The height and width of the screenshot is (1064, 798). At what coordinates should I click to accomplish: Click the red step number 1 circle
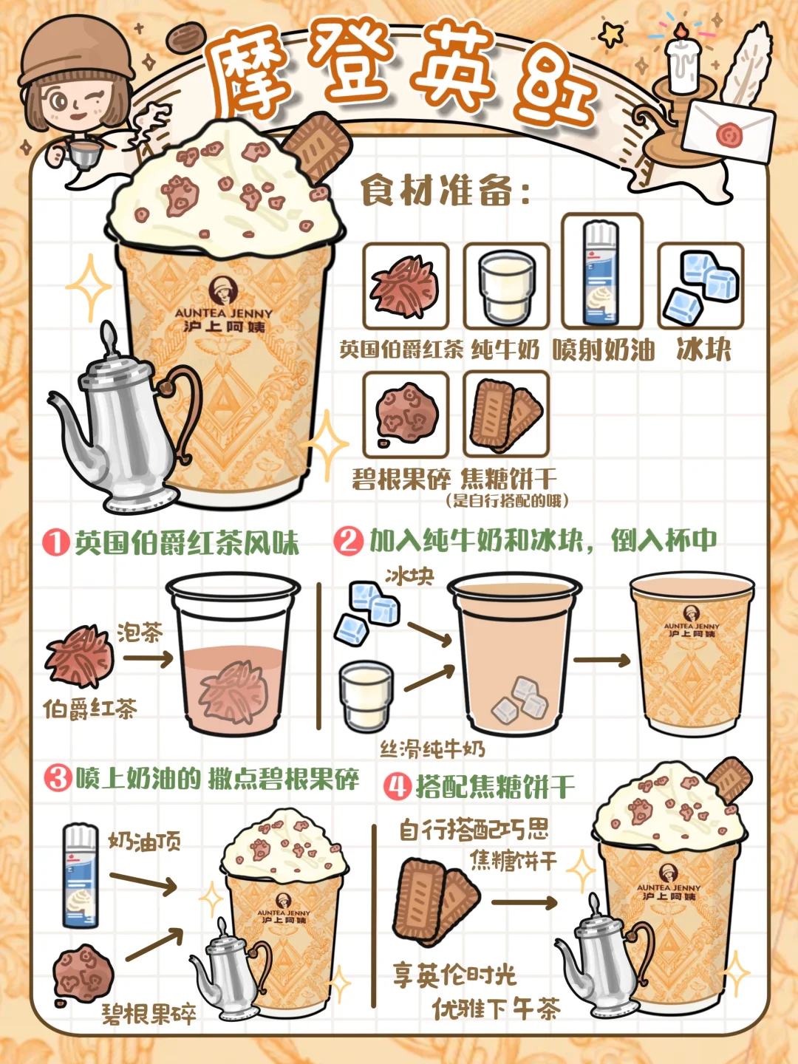pos(56,542)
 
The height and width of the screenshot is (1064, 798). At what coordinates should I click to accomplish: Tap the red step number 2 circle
pos(348,540)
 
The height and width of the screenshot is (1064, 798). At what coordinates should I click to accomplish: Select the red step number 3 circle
pos(58,780)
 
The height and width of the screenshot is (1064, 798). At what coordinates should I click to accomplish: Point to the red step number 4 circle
pos(398,786)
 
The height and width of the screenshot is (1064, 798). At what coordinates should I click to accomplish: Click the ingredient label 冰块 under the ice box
pos(703,349)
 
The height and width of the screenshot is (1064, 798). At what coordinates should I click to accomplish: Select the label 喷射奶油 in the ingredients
pos(603,349)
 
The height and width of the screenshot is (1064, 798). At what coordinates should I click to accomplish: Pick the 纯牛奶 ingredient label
pos(505,349)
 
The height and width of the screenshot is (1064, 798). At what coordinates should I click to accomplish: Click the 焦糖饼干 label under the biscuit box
pos(508,479)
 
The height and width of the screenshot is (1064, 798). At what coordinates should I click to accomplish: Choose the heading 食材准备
pos(444,192)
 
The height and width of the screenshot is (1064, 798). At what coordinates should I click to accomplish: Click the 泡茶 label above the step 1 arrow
pos(139,632)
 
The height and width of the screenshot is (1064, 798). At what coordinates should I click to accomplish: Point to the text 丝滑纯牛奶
pos(432,749)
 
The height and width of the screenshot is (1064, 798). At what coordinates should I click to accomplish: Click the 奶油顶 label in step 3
pos(144,842)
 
